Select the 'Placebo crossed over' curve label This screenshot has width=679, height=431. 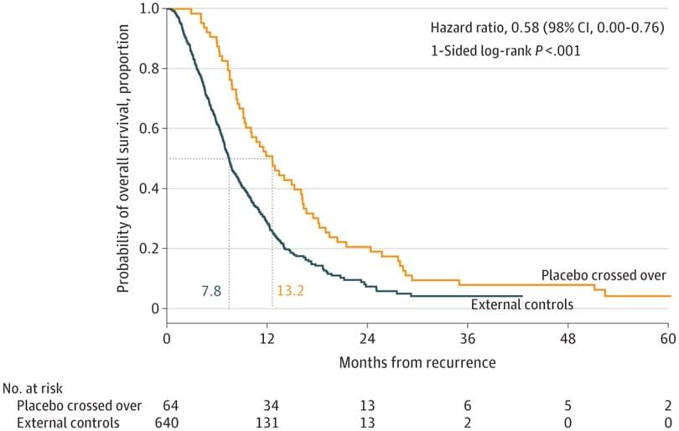(x=604, y=275)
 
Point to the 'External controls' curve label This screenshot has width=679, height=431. (x=522, y=304)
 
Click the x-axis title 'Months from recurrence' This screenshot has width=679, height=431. (x=417, y=362)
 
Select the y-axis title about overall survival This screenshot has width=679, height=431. (x=123, y=159)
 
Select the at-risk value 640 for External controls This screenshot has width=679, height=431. (x=166, y=423)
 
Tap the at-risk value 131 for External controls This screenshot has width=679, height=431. (x=267, y=423)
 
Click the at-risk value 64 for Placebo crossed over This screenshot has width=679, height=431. (x=166, y=406)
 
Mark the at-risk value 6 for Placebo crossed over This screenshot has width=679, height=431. (x=468, y=406)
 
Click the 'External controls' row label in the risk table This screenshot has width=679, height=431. (x=68, y=423)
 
